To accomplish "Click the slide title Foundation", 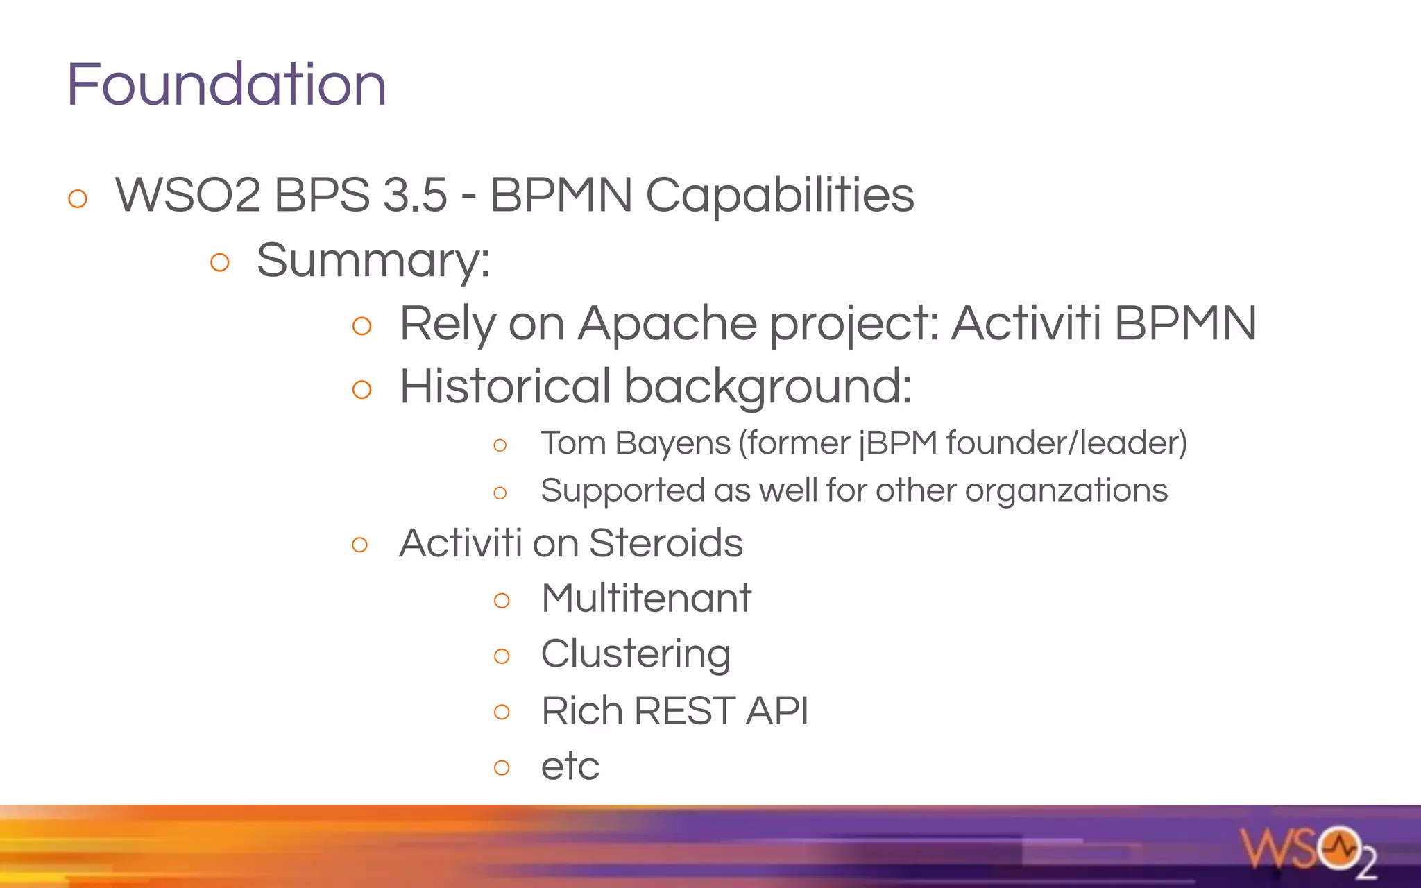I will point(226,85).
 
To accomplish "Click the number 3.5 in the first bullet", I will point(415,195).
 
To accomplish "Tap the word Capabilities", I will point(780,195).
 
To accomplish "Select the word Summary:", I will point(373,261).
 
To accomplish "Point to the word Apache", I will point(667,324).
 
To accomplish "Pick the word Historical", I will point(506,386).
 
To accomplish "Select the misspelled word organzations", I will point(1066,491).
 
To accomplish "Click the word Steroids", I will point(665,543).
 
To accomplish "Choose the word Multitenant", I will point(646,598).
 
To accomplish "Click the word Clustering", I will point(636,654).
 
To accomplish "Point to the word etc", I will point(570,767).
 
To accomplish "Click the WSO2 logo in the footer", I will point(1308,851).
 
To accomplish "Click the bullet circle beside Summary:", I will point(219,262).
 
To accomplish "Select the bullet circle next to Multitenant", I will point(502,600).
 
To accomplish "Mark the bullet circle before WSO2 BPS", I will point(78,198).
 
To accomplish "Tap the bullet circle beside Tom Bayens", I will point(500,445).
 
